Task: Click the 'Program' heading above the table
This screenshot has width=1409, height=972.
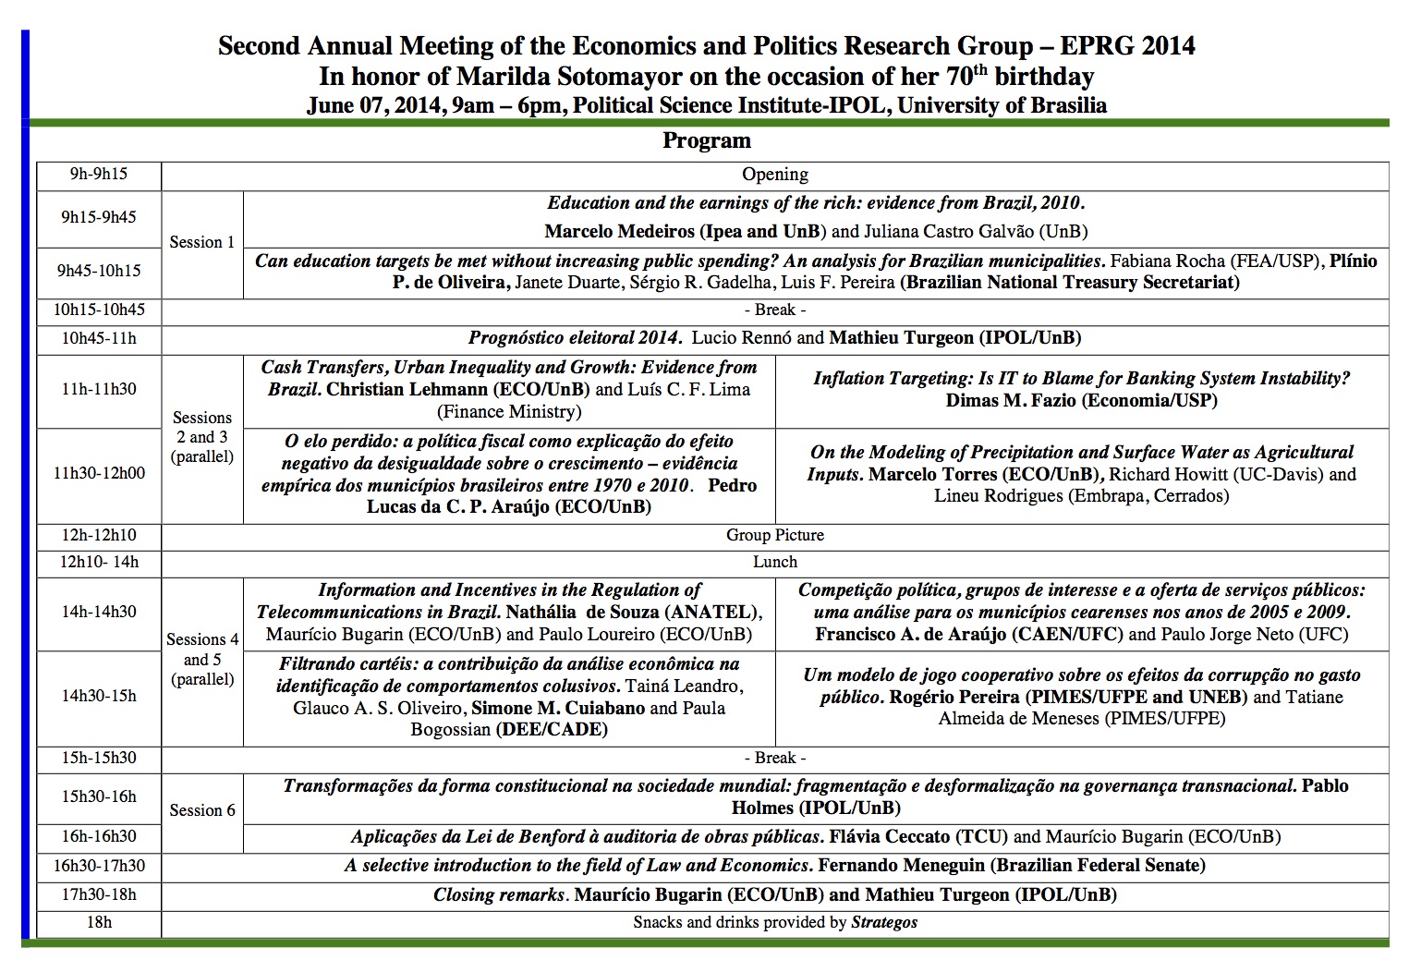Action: (706, 140)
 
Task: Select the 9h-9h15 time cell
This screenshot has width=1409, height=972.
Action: (98, 174)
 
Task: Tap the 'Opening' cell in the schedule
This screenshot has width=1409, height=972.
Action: (774, 175)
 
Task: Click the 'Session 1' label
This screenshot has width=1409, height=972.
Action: (201, 242)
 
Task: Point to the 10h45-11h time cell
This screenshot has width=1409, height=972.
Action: (98, 338)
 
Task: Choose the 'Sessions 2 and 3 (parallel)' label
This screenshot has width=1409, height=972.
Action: (201, 437)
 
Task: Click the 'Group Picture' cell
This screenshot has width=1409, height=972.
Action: (774, 535)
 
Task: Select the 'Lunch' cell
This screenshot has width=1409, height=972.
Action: (774, 562)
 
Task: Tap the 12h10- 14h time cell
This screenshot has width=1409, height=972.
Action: (98, 562)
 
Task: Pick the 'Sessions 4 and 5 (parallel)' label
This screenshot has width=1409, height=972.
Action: (201, 660)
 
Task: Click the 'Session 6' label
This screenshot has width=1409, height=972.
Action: (201, 810)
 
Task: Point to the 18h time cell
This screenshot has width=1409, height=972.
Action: (98, 922)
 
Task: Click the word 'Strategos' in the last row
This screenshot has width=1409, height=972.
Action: (883, 922)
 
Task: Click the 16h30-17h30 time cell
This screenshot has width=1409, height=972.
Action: (98, 866)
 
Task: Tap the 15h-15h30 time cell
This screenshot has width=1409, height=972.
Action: (98, 758)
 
